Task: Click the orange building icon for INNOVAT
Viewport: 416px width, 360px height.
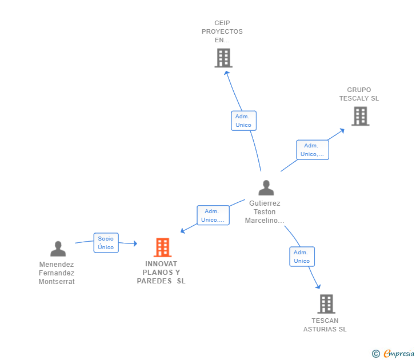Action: click(x=163, y=247)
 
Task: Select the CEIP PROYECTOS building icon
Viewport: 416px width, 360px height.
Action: click(x=223, y=58)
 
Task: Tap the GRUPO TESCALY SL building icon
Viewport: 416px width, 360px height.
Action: click(x=361, y=116)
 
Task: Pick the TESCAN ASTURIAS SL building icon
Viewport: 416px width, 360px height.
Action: click(x=326, y=304)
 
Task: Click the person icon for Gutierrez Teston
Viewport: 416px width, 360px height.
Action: click(x=266, y=188)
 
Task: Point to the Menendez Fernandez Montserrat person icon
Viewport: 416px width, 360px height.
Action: click(x=58, y=249)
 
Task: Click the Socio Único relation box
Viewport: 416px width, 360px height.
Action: click(x=106, y=243)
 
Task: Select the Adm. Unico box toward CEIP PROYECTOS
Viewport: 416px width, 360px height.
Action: click(x=243, y=121)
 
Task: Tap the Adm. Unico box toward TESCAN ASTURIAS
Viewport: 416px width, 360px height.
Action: click(x=302, y=257)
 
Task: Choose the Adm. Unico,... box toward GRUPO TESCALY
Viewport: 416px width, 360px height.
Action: click(x=313, y=150)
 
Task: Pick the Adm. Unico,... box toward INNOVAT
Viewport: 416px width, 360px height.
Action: click(x=213, y=215)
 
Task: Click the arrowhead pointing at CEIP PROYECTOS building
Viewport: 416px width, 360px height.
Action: click(x=227, y=73)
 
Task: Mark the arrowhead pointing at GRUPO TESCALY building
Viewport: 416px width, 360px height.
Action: click(x=342, y=131)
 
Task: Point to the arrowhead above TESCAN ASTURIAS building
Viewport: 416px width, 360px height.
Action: click(x=318, y=286)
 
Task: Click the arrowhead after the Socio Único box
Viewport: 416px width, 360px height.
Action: click(x=135, y=243)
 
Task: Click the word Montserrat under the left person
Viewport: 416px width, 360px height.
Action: click(x=57, y=282)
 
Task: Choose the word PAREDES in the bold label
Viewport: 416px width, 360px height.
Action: click(x=154, y=281)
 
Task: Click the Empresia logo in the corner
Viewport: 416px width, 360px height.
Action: click(x=393, y=353)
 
